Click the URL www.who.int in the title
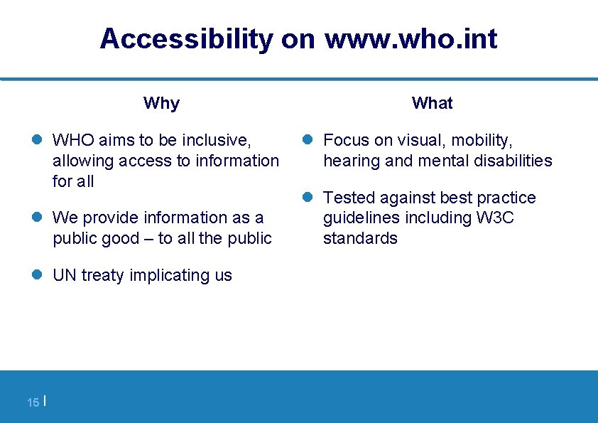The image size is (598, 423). pos(411,39)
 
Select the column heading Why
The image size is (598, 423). pos(161,103)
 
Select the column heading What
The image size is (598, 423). pos(432,103)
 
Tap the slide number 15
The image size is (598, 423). pos(33,402)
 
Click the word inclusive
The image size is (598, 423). pos(217,140)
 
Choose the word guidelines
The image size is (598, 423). pos(361,218)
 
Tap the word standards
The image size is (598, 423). pos(360,238)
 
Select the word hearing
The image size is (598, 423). pos(352,161)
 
